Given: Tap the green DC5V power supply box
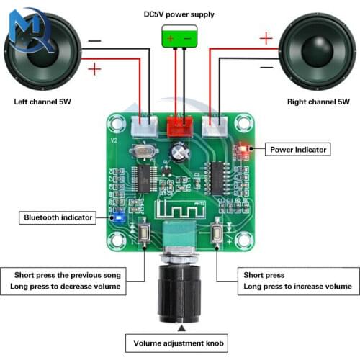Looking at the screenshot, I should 179,38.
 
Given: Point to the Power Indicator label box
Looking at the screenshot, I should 299,149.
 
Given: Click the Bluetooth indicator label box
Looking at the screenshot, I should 58,217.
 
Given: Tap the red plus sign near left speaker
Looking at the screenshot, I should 94,69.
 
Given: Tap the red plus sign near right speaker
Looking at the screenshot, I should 266,37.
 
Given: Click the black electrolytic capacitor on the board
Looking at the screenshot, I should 180,151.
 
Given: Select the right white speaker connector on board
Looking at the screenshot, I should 215,126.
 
